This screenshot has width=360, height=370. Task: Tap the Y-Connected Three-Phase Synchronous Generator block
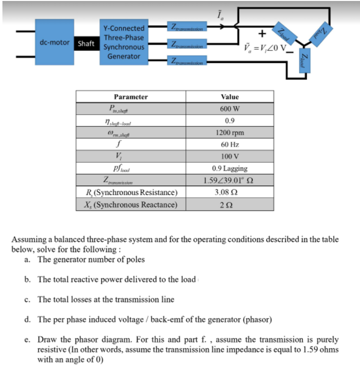[123, 43]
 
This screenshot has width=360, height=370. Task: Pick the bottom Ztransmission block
[187, 61]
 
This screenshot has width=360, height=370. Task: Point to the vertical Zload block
[304, 61]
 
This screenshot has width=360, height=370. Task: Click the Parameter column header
[131, 97]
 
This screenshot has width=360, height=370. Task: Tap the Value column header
[229, 97]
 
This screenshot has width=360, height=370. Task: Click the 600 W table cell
[229, 109]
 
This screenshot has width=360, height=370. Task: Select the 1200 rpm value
[229, 133]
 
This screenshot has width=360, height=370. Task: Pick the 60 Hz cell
[229, 145]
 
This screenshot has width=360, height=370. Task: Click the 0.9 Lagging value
[229, 168]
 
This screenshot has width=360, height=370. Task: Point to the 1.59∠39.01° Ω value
[229, 181]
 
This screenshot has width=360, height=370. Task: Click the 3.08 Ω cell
[229, 192]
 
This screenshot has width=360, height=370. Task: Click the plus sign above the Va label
[262, 34]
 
